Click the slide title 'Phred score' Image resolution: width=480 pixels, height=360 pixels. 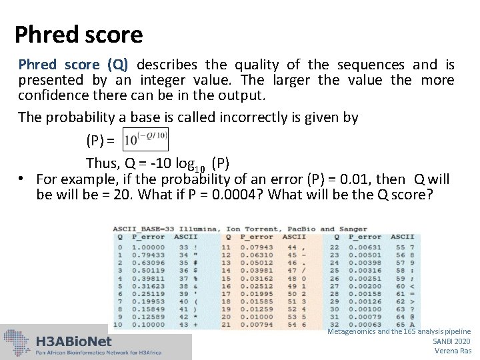pos(79,34)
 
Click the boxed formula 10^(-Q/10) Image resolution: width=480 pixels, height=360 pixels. pos(146,141)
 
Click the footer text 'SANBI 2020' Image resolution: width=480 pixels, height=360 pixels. pos(451,341)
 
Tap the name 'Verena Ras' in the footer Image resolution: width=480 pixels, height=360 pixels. pos(453,351)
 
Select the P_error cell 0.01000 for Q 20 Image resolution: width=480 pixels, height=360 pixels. pos(255,317)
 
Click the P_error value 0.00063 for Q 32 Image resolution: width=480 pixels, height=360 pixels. pos(364,325)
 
